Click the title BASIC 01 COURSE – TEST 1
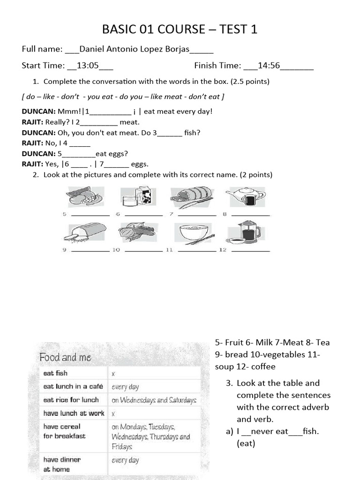point(180,30)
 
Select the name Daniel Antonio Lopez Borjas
point(135,49)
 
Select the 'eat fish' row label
point(55,373)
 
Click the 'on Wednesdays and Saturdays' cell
point(153,400)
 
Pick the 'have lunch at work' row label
point(74,413)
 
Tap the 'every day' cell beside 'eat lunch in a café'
point(125,387)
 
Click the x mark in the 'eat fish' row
point(113,374)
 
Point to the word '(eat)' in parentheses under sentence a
point(246,443)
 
